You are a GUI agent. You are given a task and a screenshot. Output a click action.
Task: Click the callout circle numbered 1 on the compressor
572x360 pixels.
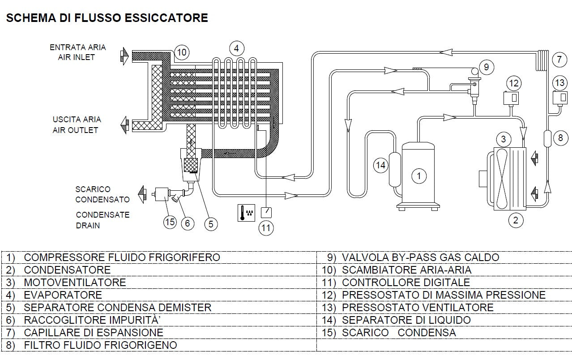418,176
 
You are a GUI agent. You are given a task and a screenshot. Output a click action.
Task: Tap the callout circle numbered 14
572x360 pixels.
380,165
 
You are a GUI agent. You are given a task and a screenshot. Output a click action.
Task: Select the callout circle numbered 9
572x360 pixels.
487,67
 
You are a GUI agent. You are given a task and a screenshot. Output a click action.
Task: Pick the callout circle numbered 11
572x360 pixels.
266,228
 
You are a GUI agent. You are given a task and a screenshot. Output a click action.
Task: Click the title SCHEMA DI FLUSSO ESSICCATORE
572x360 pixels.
107,18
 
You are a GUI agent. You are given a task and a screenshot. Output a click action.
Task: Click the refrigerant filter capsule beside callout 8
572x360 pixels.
547,137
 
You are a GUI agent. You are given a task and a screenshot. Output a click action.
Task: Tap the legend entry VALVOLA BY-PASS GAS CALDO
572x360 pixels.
420,257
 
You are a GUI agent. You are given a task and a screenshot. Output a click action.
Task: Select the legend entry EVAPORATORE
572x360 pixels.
63,295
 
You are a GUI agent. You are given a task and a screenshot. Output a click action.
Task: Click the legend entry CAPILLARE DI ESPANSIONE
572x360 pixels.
93,333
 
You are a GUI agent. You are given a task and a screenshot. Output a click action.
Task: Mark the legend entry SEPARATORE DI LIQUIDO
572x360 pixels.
406,320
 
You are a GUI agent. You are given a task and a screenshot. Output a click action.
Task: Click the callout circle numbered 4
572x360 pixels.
236,48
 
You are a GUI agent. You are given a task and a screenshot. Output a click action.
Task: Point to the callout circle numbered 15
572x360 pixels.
170,223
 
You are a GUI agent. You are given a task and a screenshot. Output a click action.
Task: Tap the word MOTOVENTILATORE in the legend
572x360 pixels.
75,283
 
